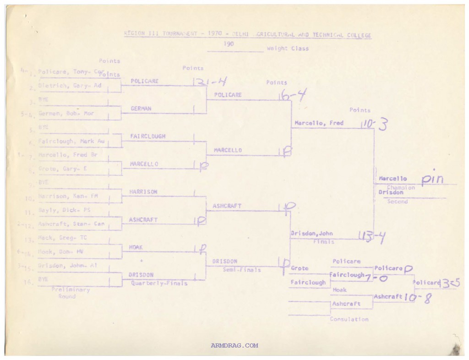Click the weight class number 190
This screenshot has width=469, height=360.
click(x=229, y=44)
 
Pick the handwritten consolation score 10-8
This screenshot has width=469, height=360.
click(x=417, y=298)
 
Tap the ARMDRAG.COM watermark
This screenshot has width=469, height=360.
click(x=234, y=346)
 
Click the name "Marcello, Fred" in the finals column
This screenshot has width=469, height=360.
click(x=319, y=123)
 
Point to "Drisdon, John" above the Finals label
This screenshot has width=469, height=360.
click(x=312, y=234)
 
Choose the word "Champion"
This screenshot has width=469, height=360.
click(x=401, y=187)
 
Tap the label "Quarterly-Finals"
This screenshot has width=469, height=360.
click(x=159, y=283)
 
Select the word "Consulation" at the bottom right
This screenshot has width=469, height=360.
click(x=349, y=319)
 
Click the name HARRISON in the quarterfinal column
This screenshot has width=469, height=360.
click(x=144, y=192)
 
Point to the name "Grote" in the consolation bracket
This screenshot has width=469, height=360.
click(x=300, y=268)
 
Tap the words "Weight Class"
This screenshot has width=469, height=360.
click(x=288, y=49)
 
